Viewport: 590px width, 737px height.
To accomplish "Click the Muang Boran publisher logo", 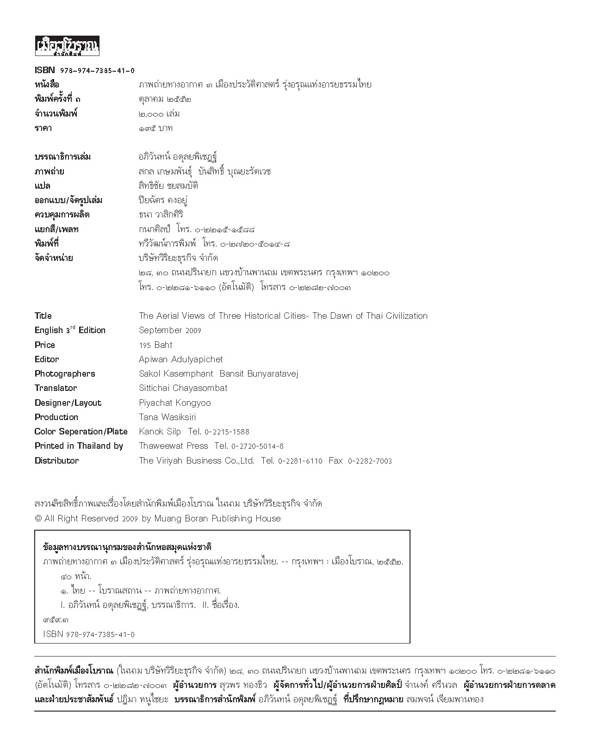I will pos(67,47).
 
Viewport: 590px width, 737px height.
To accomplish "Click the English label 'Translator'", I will pos(56,388).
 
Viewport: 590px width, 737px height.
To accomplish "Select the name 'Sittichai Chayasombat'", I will pos(183,388).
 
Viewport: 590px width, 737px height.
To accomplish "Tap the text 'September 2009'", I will pos(170,330).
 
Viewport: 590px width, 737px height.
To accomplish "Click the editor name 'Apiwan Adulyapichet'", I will pos(181,359).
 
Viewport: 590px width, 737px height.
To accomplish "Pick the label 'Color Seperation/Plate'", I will pos(81,432).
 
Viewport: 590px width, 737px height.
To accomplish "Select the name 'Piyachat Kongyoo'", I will pos(175,403).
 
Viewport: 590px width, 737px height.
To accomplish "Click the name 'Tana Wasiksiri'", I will pos(168,417).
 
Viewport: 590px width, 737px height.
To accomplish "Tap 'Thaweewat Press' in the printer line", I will pos(174,446).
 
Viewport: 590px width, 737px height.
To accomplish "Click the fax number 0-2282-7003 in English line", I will pos(370,461).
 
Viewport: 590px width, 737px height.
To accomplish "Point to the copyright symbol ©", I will pos(38,519).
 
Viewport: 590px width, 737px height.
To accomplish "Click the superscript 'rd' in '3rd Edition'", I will pos(73,327).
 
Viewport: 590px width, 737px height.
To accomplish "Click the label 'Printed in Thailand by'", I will pos(79,446).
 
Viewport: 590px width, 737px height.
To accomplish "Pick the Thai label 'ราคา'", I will pos(43,128).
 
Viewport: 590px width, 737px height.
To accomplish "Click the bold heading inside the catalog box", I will pos(127,547).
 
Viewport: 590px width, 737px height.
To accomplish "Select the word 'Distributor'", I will pos(56,461).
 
